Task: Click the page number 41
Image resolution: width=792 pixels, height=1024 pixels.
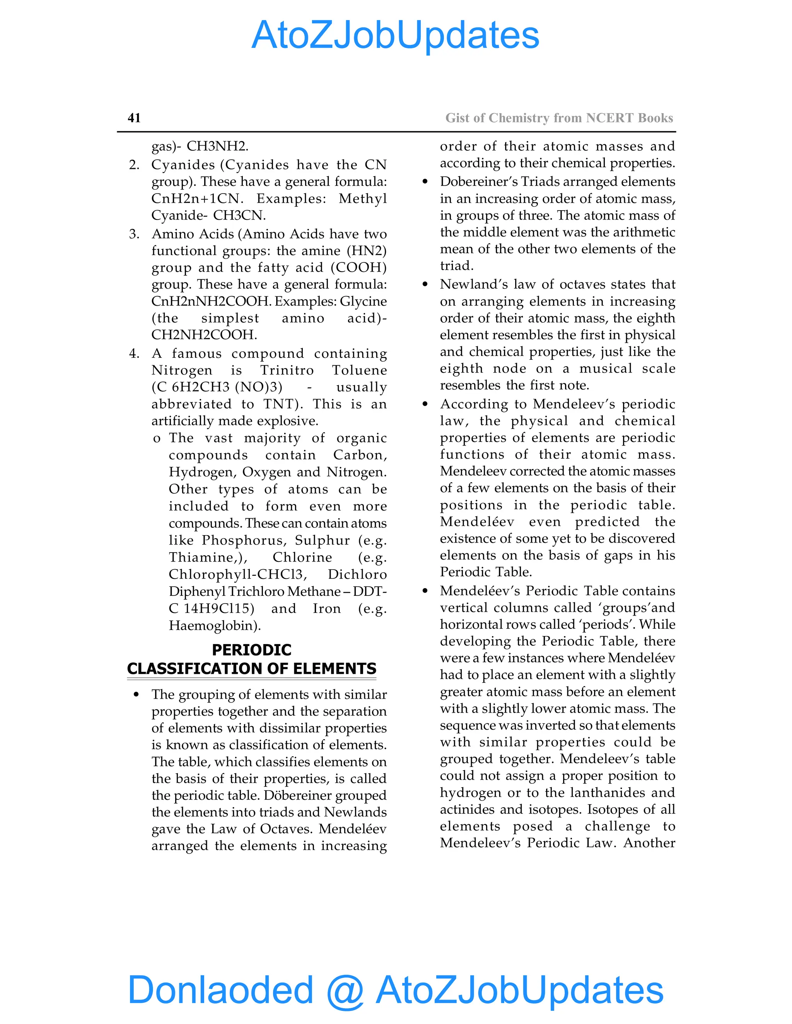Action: pos(134,118)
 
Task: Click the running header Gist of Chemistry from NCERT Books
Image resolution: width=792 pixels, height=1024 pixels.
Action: pos(559,118)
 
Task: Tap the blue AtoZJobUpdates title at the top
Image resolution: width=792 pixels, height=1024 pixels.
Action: pos(396,35)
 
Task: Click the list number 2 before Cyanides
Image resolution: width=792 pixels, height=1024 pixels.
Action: pos(134,165)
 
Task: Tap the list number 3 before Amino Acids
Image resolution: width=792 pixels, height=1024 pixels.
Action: pos(134,234)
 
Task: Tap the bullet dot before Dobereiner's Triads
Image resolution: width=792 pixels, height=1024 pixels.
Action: pos(425,182)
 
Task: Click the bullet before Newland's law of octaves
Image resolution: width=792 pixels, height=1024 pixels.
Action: pos(425,285)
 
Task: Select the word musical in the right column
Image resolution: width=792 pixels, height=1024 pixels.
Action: pos(606,369)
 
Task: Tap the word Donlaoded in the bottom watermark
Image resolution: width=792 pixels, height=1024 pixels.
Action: pos(220,990)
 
